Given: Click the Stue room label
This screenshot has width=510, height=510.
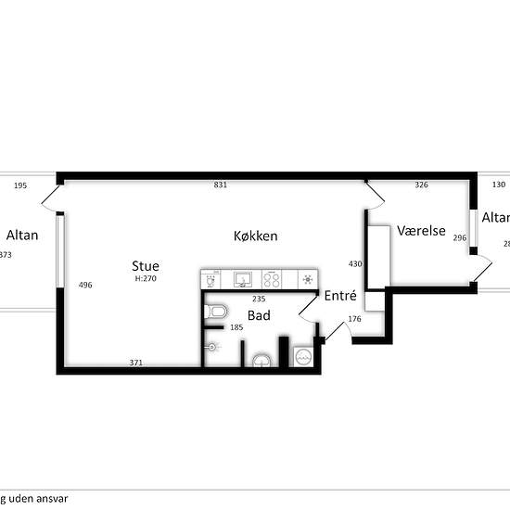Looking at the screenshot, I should coord(146,266).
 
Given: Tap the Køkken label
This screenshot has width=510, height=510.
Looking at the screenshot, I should coord(255,236).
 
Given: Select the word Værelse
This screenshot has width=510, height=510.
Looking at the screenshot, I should coord(422,230).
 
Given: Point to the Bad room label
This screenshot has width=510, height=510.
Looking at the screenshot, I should coord(259,316).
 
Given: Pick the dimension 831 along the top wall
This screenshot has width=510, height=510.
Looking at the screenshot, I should coord(221,185).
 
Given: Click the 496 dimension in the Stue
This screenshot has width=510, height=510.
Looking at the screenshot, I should coord(85,285).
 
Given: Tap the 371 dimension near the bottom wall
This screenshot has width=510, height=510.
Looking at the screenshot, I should coord(137,363).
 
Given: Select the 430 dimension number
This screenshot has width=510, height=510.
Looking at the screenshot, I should coord(354,264).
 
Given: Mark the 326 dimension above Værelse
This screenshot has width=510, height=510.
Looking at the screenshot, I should coord(421,185).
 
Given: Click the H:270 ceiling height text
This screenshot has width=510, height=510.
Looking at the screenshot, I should coord(146,278).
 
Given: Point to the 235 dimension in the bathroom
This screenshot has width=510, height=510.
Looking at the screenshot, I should coord(259,299).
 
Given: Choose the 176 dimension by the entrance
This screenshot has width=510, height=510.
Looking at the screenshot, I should coord(354,320).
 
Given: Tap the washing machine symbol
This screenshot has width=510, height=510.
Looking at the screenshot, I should coord(303,355).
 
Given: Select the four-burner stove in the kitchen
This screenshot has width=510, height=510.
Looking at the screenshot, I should coord(274,278).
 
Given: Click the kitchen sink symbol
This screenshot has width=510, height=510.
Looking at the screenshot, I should coord(244,278).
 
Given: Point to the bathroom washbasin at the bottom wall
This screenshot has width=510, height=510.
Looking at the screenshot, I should coord(263,360).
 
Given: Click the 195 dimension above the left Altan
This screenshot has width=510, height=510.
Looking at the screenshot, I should coord(20,185).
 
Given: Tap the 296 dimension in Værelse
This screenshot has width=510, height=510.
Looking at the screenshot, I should coord(460,238).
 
